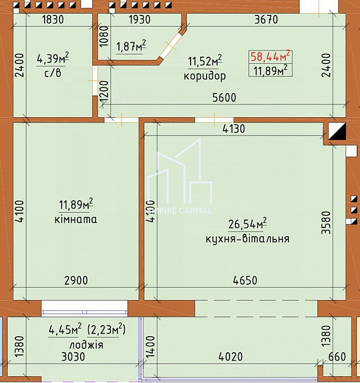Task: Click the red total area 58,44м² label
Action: (x=270, y=56)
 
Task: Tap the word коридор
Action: (x=204, y=75)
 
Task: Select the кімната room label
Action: (x=76, y=219)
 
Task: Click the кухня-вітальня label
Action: (x=247, y=238)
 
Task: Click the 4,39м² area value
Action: (x=53, y=58)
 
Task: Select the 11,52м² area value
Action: (x=205, y=61)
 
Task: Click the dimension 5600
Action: (x=223, y=98)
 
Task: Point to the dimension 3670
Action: (x=265, y=19)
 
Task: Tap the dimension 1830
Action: (x=52, y=19)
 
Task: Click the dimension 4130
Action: (x=233, y=129)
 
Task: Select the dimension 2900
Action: (x=76, y=281)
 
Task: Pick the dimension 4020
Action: (x=231, y=357)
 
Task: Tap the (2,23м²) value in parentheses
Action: (x=106, y=330)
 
